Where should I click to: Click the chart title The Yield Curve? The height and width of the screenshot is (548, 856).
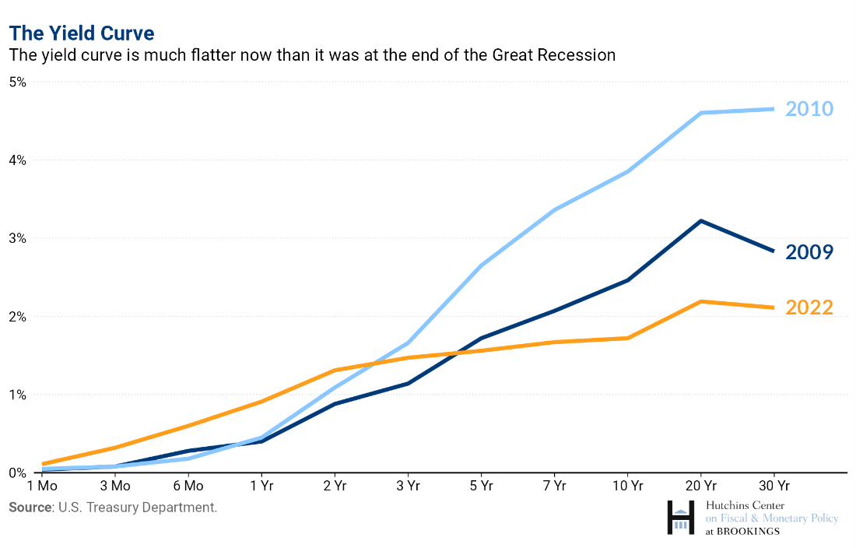[x=82, y=33]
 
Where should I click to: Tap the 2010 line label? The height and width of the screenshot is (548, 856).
[x=809, y=108]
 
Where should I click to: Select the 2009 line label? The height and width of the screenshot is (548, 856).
[x=809, y=251]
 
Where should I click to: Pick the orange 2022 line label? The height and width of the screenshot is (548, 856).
[x=809, y=307]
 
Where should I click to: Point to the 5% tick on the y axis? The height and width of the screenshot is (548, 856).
[x=17, y=82]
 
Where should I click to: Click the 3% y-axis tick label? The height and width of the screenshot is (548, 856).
[x=17, y=238]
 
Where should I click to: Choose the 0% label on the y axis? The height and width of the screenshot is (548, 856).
[x=17, y=472]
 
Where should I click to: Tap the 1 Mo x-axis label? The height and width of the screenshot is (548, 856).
[x=42, y=487]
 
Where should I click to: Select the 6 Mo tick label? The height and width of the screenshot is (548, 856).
[x=188, y=487]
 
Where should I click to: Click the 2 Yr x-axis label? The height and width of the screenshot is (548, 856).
[x=335, y=487]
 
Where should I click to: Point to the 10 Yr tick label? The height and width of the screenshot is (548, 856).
[x=627, y=487]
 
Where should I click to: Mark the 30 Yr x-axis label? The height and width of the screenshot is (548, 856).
[x=774, y=487]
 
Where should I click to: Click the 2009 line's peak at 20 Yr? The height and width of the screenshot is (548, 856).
[x=701, y=221]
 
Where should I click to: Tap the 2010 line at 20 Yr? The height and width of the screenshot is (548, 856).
[x=701, y=113]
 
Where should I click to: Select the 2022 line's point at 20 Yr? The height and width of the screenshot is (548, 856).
[x=701, y=301]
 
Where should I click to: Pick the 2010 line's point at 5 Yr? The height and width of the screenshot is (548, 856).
[x=482, y=265]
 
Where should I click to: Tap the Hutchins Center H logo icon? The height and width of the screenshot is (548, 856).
[x=682, y=518]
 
